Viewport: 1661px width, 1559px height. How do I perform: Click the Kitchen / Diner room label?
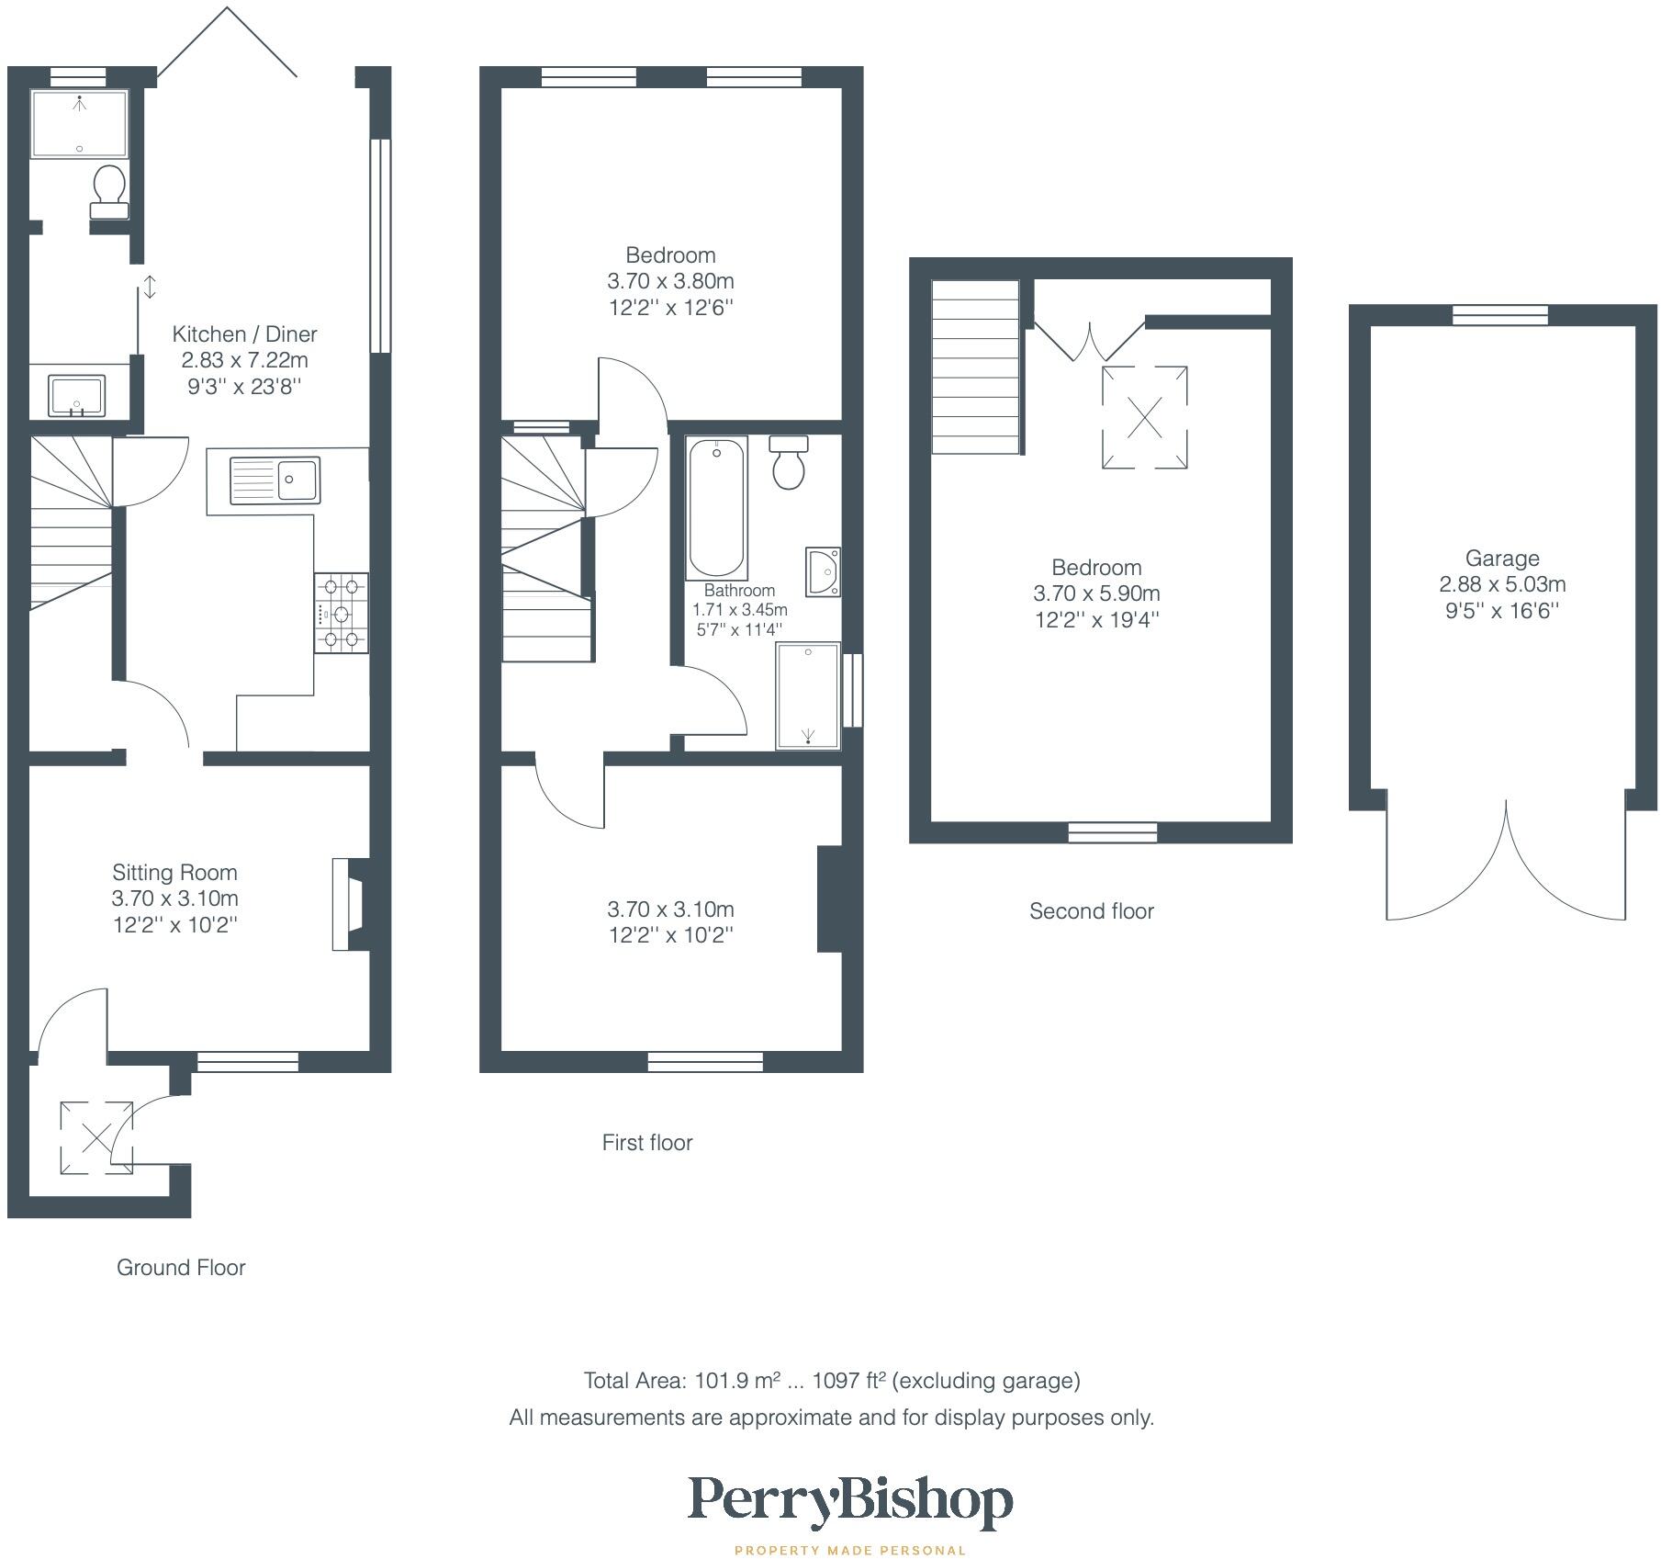click(245, 334)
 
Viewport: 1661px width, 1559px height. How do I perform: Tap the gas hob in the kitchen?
click(342, 613)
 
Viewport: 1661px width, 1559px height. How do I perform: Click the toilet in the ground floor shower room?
click(109, 191)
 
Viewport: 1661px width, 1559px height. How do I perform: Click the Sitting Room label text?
click(174, 873)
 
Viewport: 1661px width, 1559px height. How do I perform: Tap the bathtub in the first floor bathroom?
click(717, 508)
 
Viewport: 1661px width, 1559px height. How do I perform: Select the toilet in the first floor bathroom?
click(789, 462)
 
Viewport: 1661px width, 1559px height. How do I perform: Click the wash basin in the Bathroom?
click(823, 571)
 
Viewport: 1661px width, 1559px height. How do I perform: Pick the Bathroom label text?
click(739, 591)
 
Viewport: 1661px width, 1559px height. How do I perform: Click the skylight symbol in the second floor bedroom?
click(1145, 418)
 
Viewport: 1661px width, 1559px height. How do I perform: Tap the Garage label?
click(1502, 559)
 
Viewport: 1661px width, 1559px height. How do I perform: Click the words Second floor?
click(1092, 911)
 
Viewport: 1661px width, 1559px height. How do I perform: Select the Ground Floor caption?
click(181, 1268)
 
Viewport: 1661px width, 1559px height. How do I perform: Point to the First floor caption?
click(647, 1143)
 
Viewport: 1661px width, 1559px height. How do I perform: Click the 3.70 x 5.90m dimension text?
click(1097, 593)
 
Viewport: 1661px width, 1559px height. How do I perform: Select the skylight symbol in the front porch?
click(96, 1138)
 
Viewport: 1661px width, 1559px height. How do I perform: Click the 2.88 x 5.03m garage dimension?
click(1502, 584)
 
